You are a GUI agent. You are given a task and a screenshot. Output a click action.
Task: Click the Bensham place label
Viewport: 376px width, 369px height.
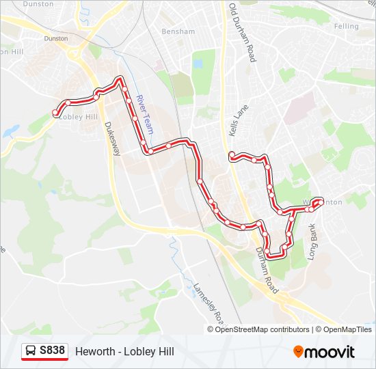click(178, 31)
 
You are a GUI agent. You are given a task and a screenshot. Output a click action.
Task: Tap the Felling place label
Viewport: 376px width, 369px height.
click(346, 26)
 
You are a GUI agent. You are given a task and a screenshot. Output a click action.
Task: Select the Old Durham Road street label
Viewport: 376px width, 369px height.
click(241, 33)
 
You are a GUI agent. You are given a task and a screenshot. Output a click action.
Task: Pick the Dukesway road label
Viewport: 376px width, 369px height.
click(111, 139)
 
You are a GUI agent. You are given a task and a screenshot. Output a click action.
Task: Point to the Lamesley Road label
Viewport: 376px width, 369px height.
click(209, 305)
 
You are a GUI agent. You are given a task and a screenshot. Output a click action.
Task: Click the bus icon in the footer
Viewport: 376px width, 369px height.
click(31, 351)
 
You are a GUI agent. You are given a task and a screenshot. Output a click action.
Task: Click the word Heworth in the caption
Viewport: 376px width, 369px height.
click(95, 351)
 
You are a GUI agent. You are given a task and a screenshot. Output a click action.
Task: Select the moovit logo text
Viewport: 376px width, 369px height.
click(330, 352)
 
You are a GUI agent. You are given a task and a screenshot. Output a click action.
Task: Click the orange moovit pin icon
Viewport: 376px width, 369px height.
click(298, 351)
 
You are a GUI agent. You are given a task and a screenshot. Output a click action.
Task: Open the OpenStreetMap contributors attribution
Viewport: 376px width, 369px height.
click(263, 329)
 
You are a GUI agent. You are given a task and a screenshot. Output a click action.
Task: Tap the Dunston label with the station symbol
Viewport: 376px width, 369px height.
click(55, 39)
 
